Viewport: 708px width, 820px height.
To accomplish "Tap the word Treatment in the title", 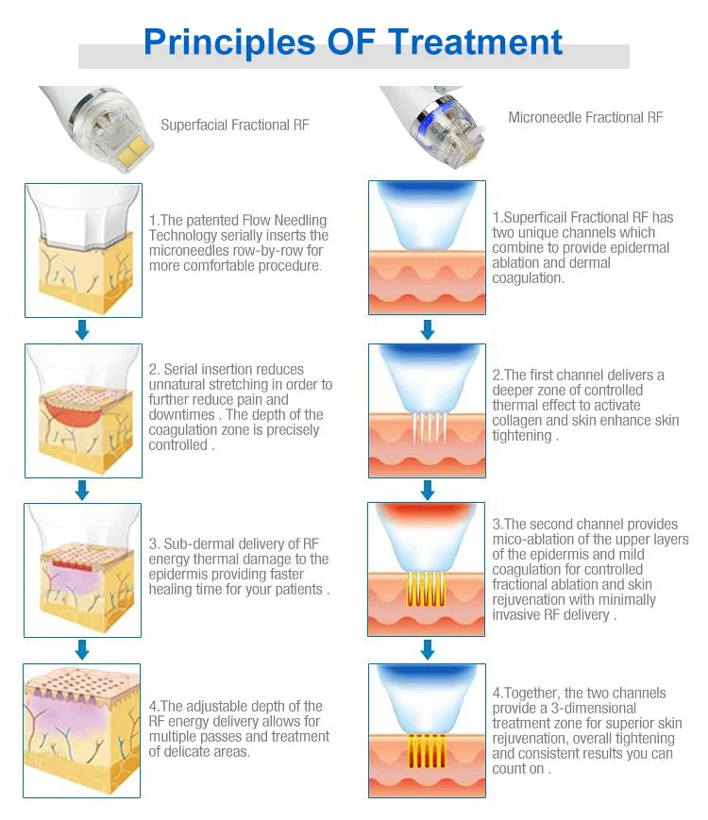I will tap(475, 42).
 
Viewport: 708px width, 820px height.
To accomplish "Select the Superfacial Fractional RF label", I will tap(234, 125).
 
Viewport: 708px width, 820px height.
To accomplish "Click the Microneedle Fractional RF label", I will tap(585, 118).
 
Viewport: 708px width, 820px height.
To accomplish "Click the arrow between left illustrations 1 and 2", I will tap(82, 329).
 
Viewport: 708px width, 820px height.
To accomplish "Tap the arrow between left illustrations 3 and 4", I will tap(82, 649).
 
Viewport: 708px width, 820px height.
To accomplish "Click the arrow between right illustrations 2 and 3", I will tap(427, 490).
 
